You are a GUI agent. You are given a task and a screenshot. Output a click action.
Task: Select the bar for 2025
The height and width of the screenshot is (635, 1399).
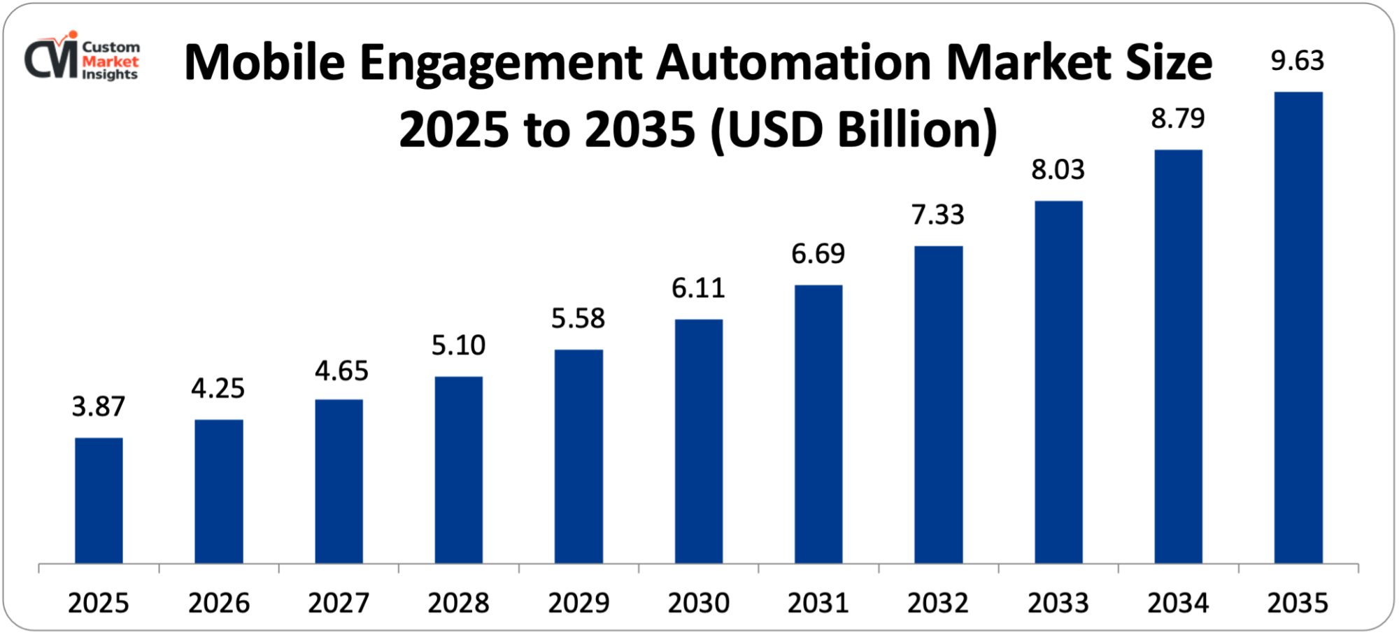tap(99, 501)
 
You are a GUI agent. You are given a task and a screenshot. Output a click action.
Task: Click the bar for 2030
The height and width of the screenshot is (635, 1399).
tap(699, 441)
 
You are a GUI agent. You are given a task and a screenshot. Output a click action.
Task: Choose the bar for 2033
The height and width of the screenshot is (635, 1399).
tap(1058, 382)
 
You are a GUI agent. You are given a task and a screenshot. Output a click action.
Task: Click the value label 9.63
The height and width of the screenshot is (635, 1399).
tap(1298, 62)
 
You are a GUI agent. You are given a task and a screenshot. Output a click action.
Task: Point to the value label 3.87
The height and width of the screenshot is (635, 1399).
tap(99, 407)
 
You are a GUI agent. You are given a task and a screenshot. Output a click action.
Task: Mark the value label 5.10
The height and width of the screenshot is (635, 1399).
tap(458, 345)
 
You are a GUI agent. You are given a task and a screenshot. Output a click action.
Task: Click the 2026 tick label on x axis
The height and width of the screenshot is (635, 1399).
tap(219, 604)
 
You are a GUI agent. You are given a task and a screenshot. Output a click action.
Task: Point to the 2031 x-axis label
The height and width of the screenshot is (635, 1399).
tap(818, 604)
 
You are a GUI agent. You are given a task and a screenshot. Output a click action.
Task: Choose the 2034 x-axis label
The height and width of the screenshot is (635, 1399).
tap(1178, 604)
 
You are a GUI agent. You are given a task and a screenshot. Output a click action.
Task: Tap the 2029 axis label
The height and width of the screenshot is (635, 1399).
tap(578, 604)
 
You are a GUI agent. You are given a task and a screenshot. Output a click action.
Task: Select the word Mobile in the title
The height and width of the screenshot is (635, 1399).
tap(264, 63)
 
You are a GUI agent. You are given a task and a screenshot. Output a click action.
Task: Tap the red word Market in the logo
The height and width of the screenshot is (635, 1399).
tap(111, 62)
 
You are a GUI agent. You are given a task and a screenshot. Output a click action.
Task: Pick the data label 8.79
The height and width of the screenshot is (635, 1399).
tap(1178, 119)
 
